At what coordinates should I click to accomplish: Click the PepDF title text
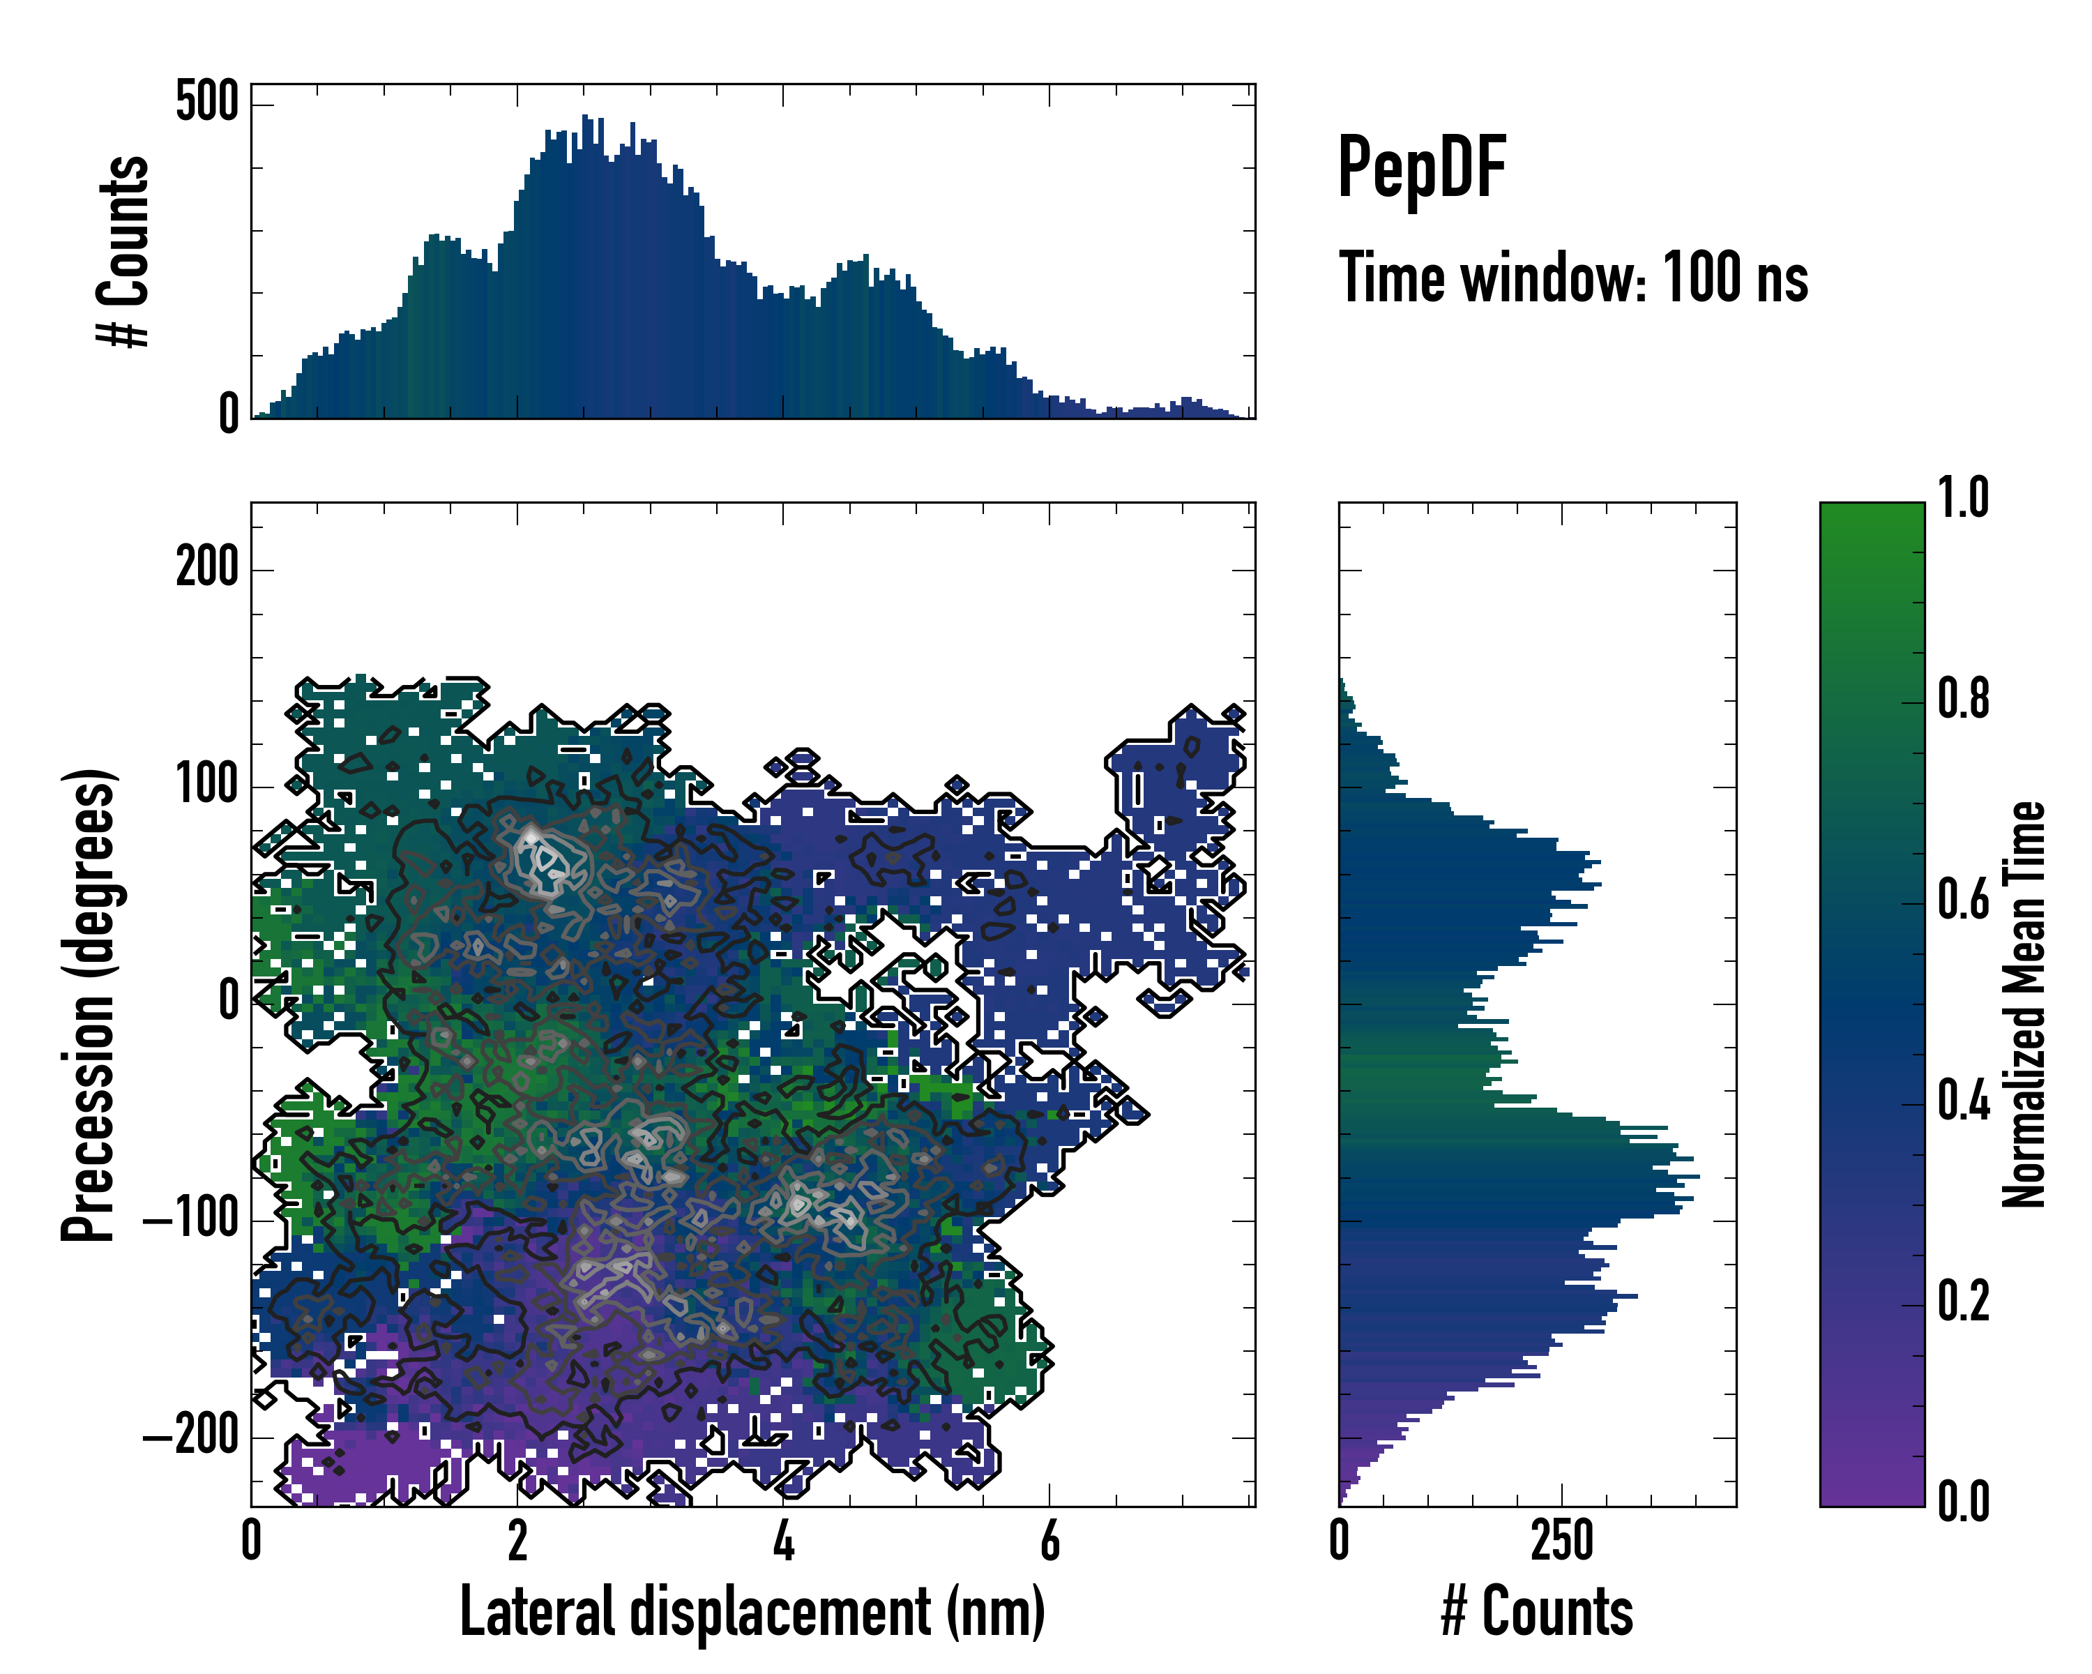click(x=1421, y=168)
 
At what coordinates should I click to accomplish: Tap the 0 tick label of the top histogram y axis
click(x=228, y=414)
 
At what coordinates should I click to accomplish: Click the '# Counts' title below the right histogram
click(x=1536, y=1612)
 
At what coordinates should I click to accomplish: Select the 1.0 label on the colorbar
click(x=1963, y=498)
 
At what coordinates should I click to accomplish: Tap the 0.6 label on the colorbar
click(x=1963, y=900)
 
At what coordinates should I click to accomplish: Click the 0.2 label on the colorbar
click(x=1963, y=1302)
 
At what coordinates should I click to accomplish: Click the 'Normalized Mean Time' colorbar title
click(x=2024, y=1004)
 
